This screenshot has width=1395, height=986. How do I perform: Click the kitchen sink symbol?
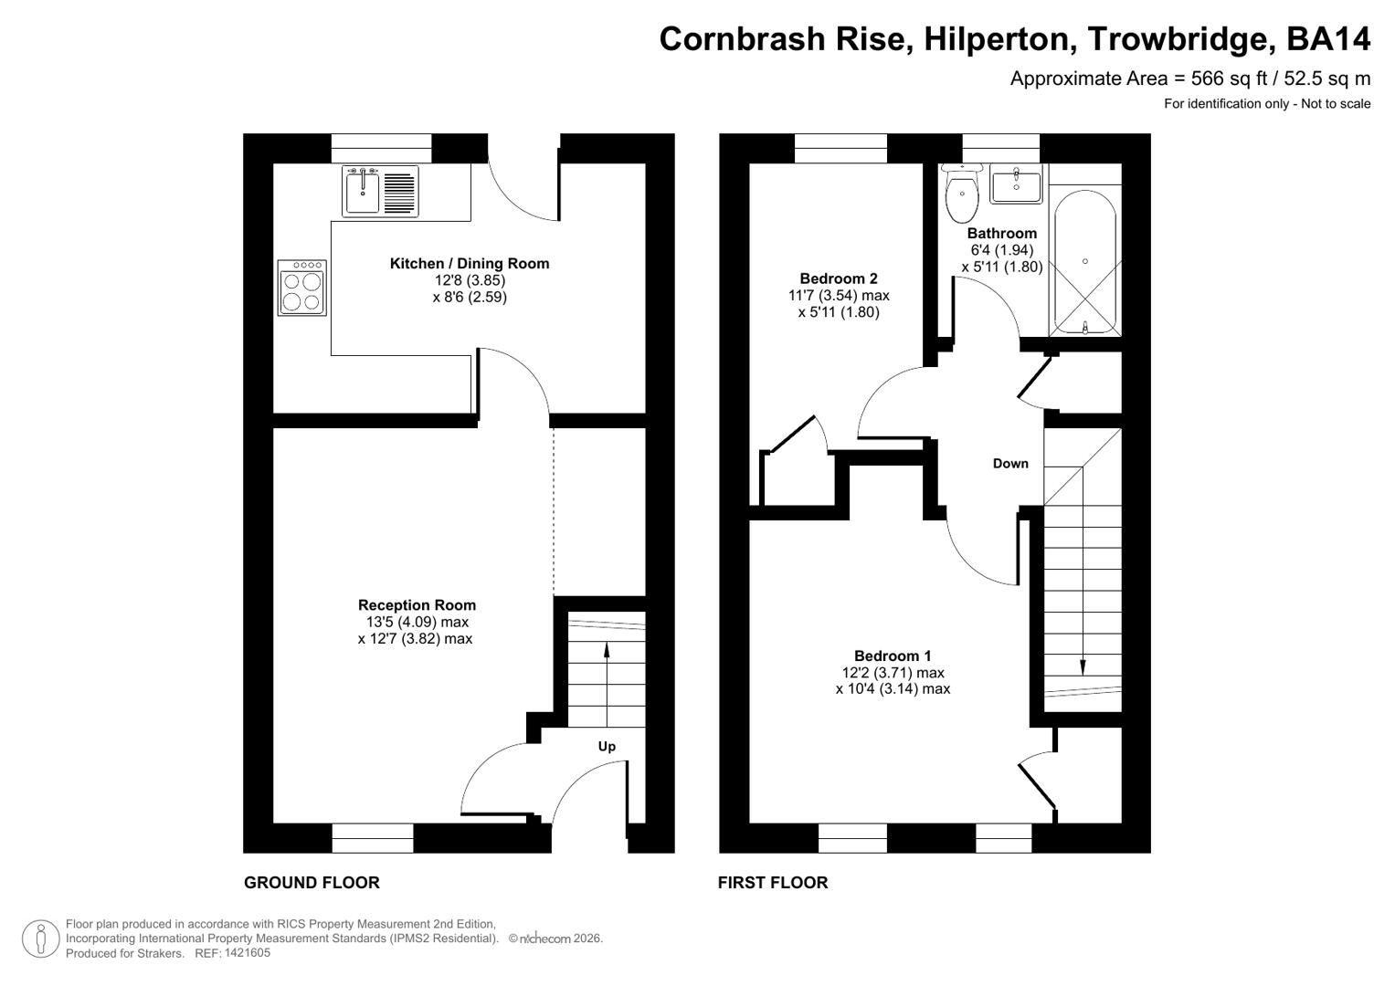click(x=380, y=192)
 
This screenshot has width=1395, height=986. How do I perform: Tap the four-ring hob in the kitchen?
click(x=302, y=288)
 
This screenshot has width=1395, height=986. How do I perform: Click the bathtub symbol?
click(x=1084, y=263)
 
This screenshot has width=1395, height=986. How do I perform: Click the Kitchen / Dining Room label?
click(x=470, y=264)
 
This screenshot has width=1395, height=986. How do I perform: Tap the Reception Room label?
click(x=417, y=605)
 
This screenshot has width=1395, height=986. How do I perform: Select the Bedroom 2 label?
click(x=838, y=279)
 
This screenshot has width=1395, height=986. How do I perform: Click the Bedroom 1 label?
click(x=893, y=656)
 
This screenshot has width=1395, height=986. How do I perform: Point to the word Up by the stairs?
click(x=607, y=747)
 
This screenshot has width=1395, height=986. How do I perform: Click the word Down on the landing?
click(x=1010, y=464)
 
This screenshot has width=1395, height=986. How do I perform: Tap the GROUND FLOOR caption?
click(x=312, y=883)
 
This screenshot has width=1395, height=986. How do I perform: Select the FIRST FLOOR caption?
click(x=773, y=883)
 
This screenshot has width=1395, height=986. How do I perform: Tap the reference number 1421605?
click(x=246, y=953)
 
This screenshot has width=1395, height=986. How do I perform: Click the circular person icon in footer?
click(x=40, y=939)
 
